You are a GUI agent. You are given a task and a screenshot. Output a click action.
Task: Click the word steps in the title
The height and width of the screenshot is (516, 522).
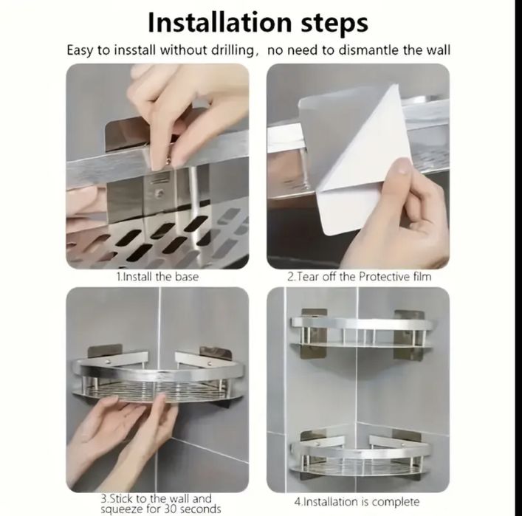pos(335,24)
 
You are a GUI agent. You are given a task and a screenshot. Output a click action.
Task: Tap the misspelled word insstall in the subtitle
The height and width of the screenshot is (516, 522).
pos(135,50)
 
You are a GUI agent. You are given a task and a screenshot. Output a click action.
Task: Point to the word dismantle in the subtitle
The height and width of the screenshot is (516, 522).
pos(369,50)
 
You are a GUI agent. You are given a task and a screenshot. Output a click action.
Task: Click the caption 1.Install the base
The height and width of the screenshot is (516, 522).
pos(157,277)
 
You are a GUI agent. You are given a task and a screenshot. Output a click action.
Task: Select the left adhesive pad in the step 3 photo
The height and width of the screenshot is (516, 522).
pos(105,352)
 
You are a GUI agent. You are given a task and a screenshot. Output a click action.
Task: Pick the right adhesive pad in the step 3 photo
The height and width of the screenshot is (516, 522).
pos(215,353)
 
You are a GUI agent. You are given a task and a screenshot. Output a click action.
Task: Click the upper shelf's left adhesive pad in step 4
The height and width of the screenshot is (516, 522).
pos(313,334)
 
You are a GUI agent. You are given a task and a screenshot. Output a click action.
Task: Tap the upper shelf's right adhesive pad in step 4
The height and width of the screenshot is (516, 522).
pos(408,335)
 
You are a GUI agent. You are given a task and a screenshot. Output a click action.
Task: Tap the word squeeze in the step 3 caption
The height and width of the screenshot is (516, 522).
pos(122,509)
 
